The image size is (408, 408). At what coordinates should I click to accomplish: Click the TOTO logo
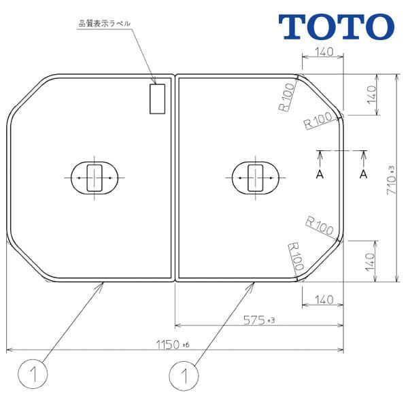pos(337,25)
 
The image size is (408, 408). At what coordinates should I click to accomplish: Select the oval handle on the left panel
pos(95,177)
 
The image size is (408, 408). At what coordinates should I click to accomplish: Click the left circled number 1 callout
pos(27,373)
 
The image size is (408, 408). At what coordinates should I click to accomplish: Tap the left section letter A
pos(320,174)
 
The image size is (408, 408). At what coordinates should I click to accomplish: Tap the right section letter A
pos(364,174)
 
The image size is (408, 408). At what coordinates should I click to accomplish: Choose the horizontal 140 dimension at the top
pos(323,54)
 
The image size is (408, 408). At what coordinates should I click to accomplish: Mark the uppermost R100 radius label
pos(286,97)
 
